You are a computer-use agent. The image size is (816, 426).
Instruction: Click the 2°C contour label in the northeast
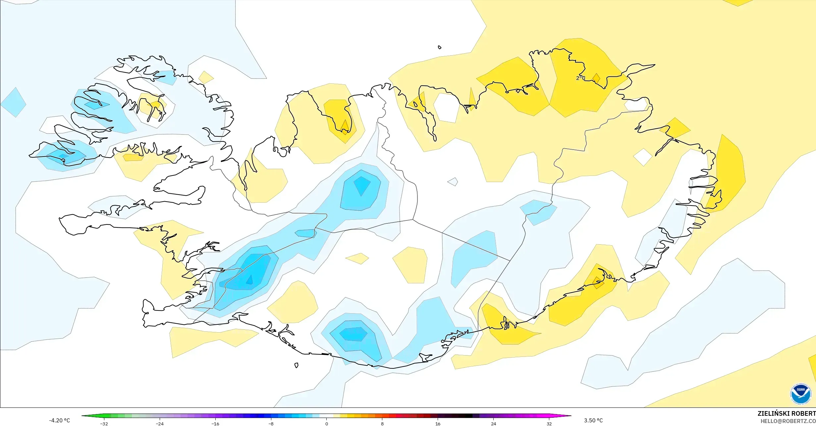(580, 78)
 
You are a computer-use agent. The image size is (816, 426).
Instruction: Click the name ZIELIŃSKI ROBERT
(787, 413)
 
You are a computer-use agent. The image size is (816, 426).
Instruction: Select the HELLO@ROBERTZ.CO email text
(788, 421)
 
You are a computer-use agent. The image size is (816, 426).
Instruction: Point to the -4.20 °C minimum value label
(60, 421)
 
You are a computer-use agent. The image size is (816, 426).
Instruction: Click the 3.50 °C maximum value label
(593, 421)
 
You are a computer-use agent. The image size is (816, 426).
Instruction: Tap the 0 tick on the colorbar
(327, 424)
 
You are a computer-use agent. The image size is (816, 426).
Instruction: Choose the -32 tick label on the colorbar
(104, 424)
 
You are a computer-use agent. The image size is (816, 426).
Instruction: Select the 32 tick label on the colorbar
(549, 424)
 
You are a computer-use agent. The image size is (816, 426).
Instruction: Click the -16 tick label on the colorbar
(215, 424)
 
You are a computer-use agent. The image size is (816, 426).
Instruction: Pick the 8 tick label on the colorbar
(382, 424)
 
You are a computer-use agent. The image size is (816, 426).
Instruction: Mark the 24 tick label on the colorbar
(494, 424)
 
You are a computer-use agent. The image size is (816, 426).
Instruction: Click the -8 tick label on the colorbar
(271, 424)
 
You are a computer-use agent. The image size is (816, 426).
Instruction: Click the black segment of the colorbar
(465, 416)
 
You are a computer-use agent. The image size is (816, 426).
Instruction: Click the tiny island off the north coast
(440, 47)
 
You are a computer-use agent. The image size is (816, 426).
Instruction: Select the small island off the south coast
(297, 365)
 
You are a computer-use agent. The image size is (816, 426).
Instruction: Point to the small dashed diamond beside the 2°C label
(596, 78)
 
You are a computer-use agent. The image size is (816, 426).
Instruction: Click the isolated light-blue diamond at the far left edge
(14, 102)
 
